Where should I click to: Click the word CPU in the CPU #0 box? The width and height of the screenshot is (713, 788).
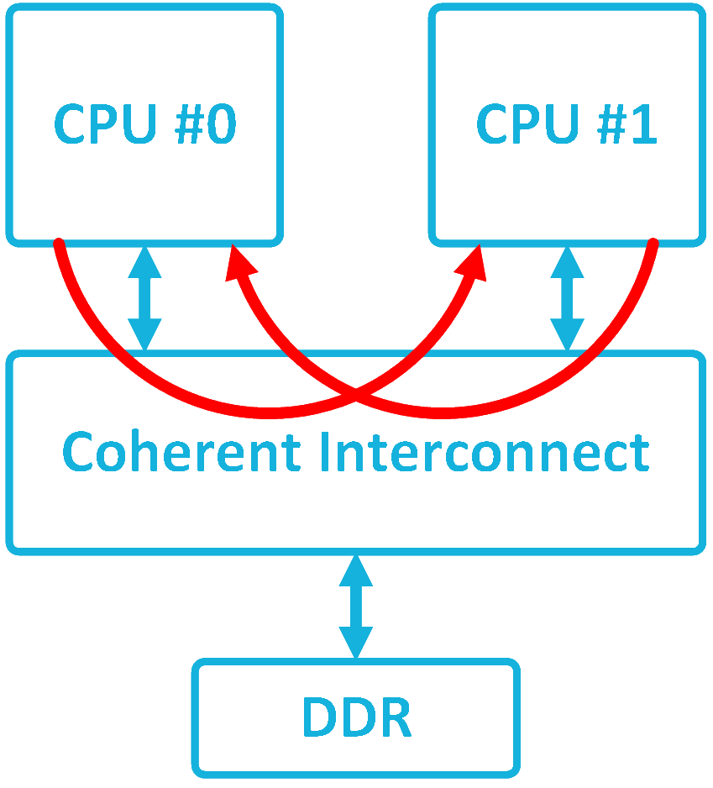(x=105, y=125)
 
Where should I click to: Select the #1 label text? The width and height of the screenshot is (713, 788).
(x=625, y=125)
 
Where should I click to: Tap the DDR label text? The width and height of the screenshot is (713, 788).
(x=356, y=717)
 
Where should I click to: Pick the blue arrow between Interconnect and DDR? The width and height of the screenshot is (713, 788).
(x=356, y=607)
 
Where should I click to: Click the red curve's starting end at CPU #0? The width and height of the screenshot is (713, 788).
(x=59, y=244)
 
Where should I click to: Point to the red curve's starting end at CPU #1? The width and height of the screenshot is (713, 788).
(x=653, y=244)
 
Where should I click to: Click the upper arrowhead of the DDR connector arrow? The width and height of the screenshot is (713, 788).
(x=356, y=571)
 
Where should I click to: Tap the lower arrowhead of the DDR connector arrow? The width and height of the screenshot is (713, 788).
(x=356, y=644)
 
